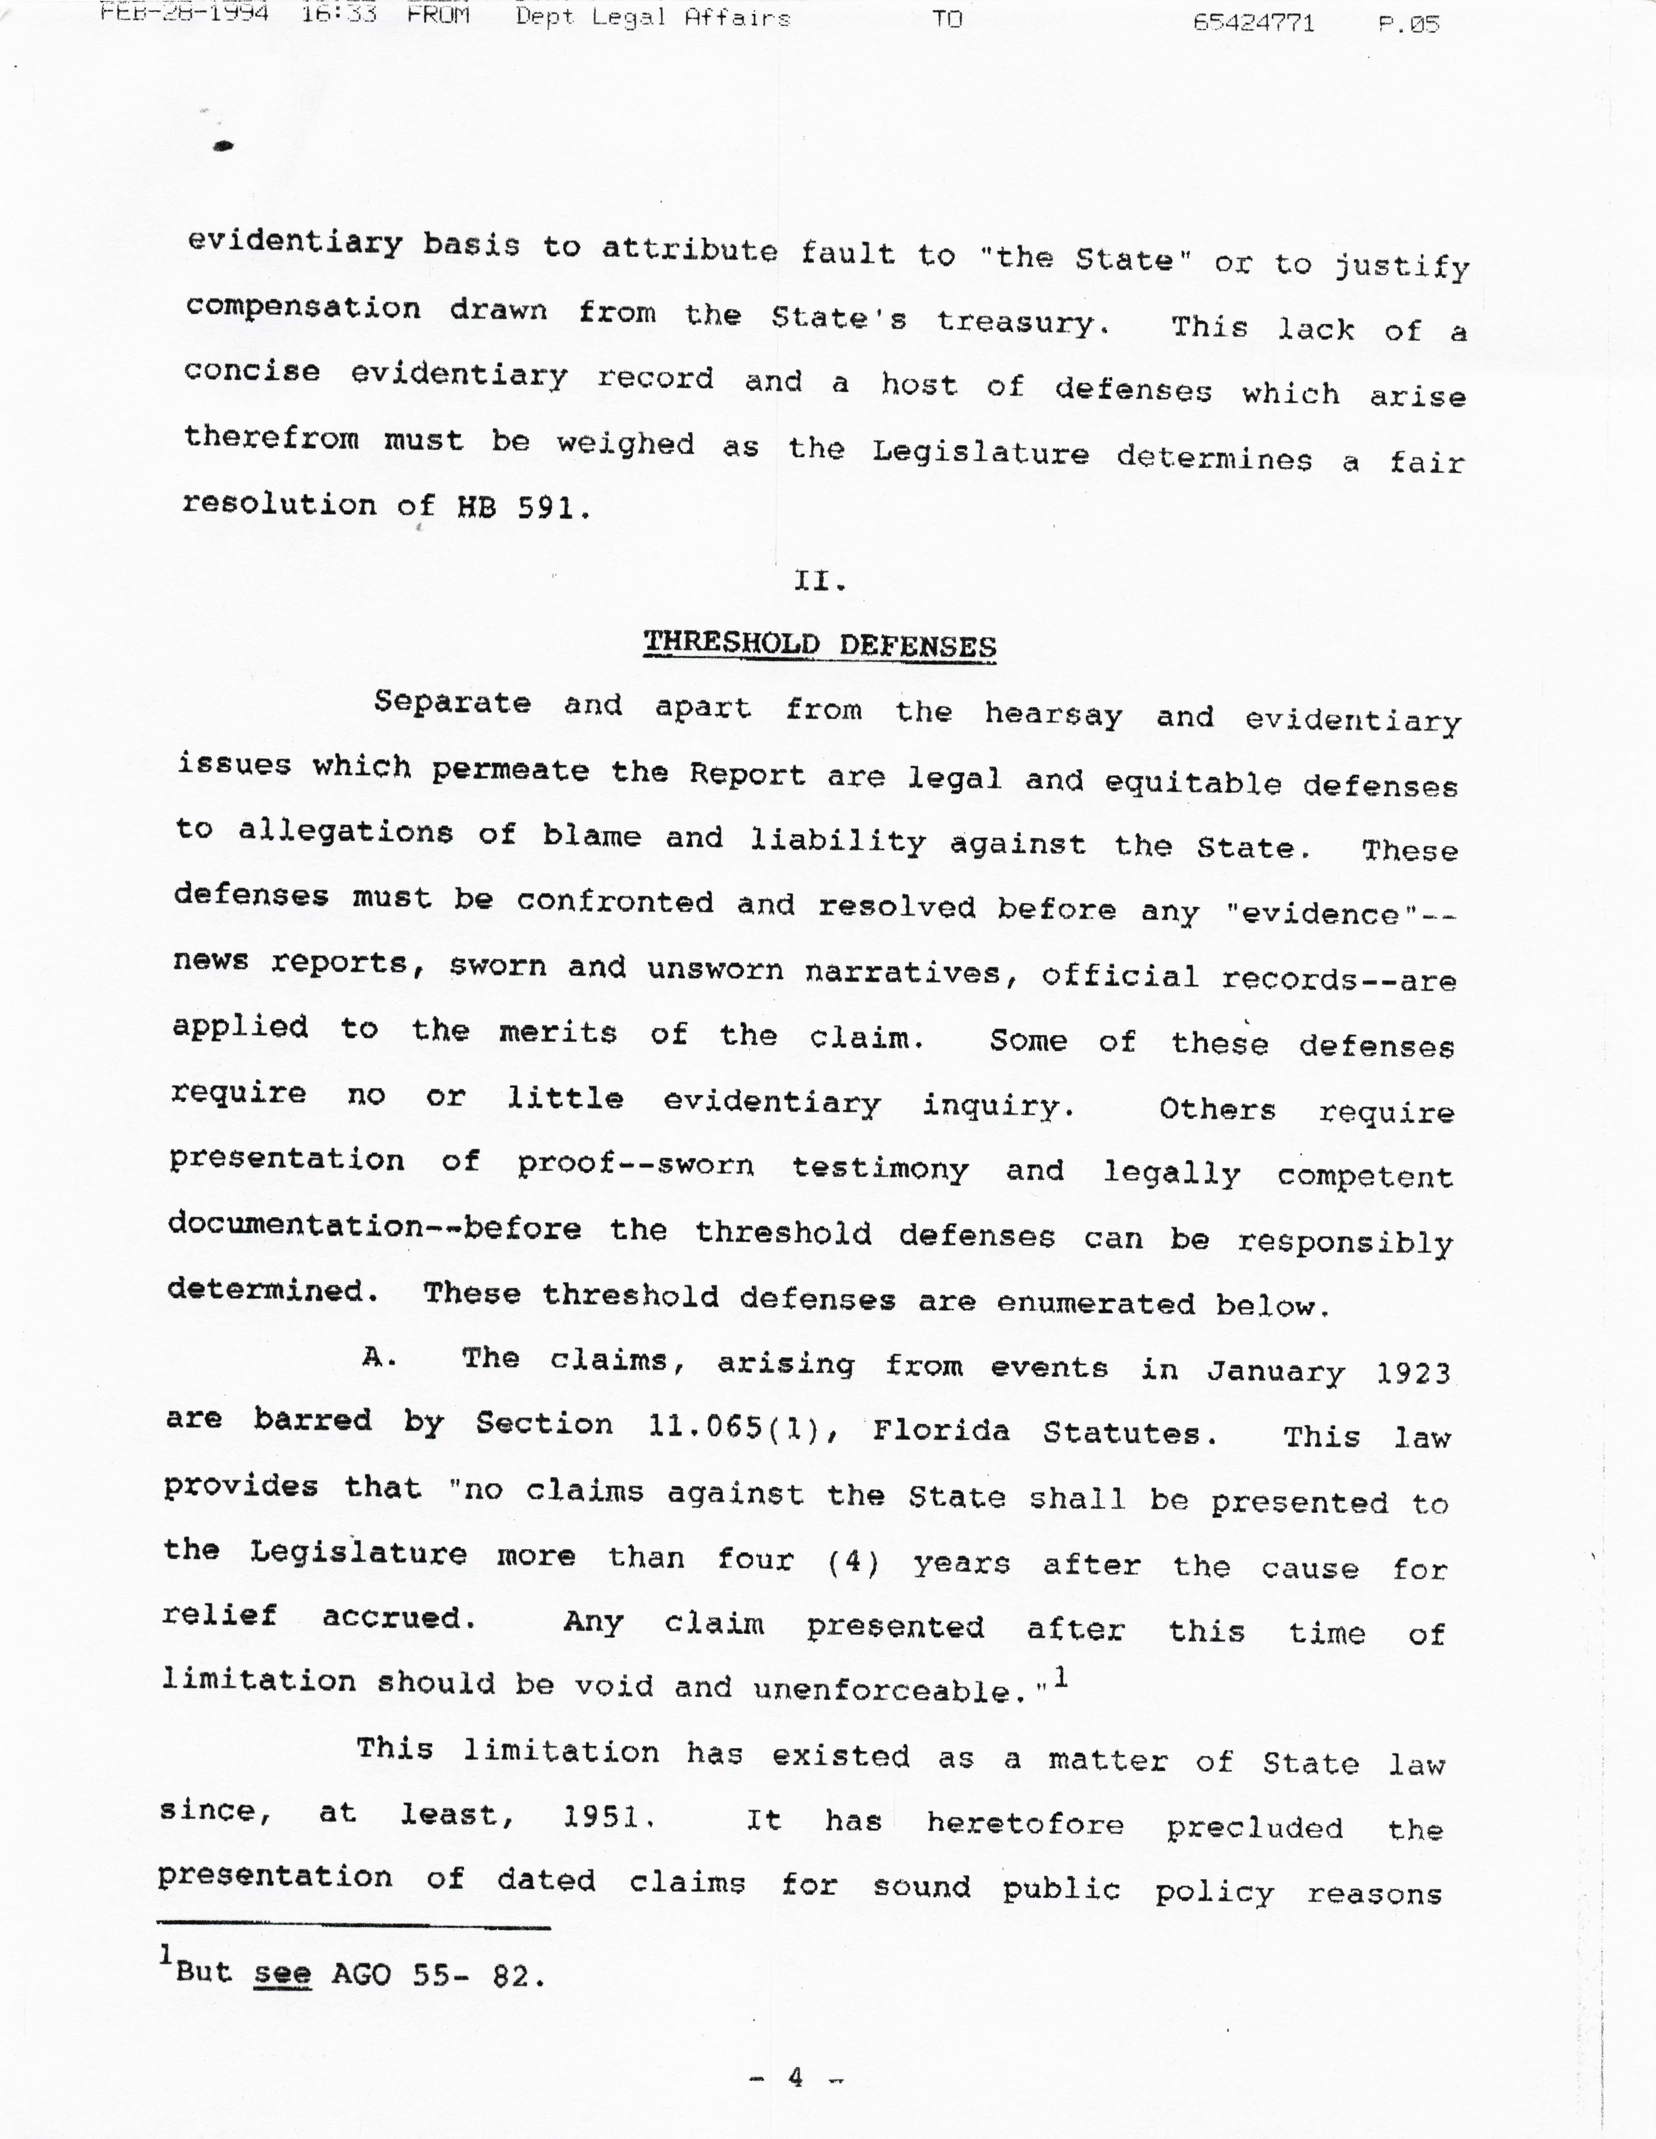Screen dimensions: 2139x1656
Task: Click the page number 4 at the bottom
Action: pyautogui.click(x=795, y=2076)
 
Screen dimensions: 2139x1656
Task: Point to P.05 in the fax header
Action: pyautogui.click(x=1408, y=23)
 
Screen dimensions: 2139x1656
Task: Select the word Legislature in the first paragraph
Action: pyautogui.click(x=980, y=453)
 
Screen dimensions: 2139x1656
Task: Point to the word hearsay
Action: pyautogui.click(x=1053, y=714)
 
